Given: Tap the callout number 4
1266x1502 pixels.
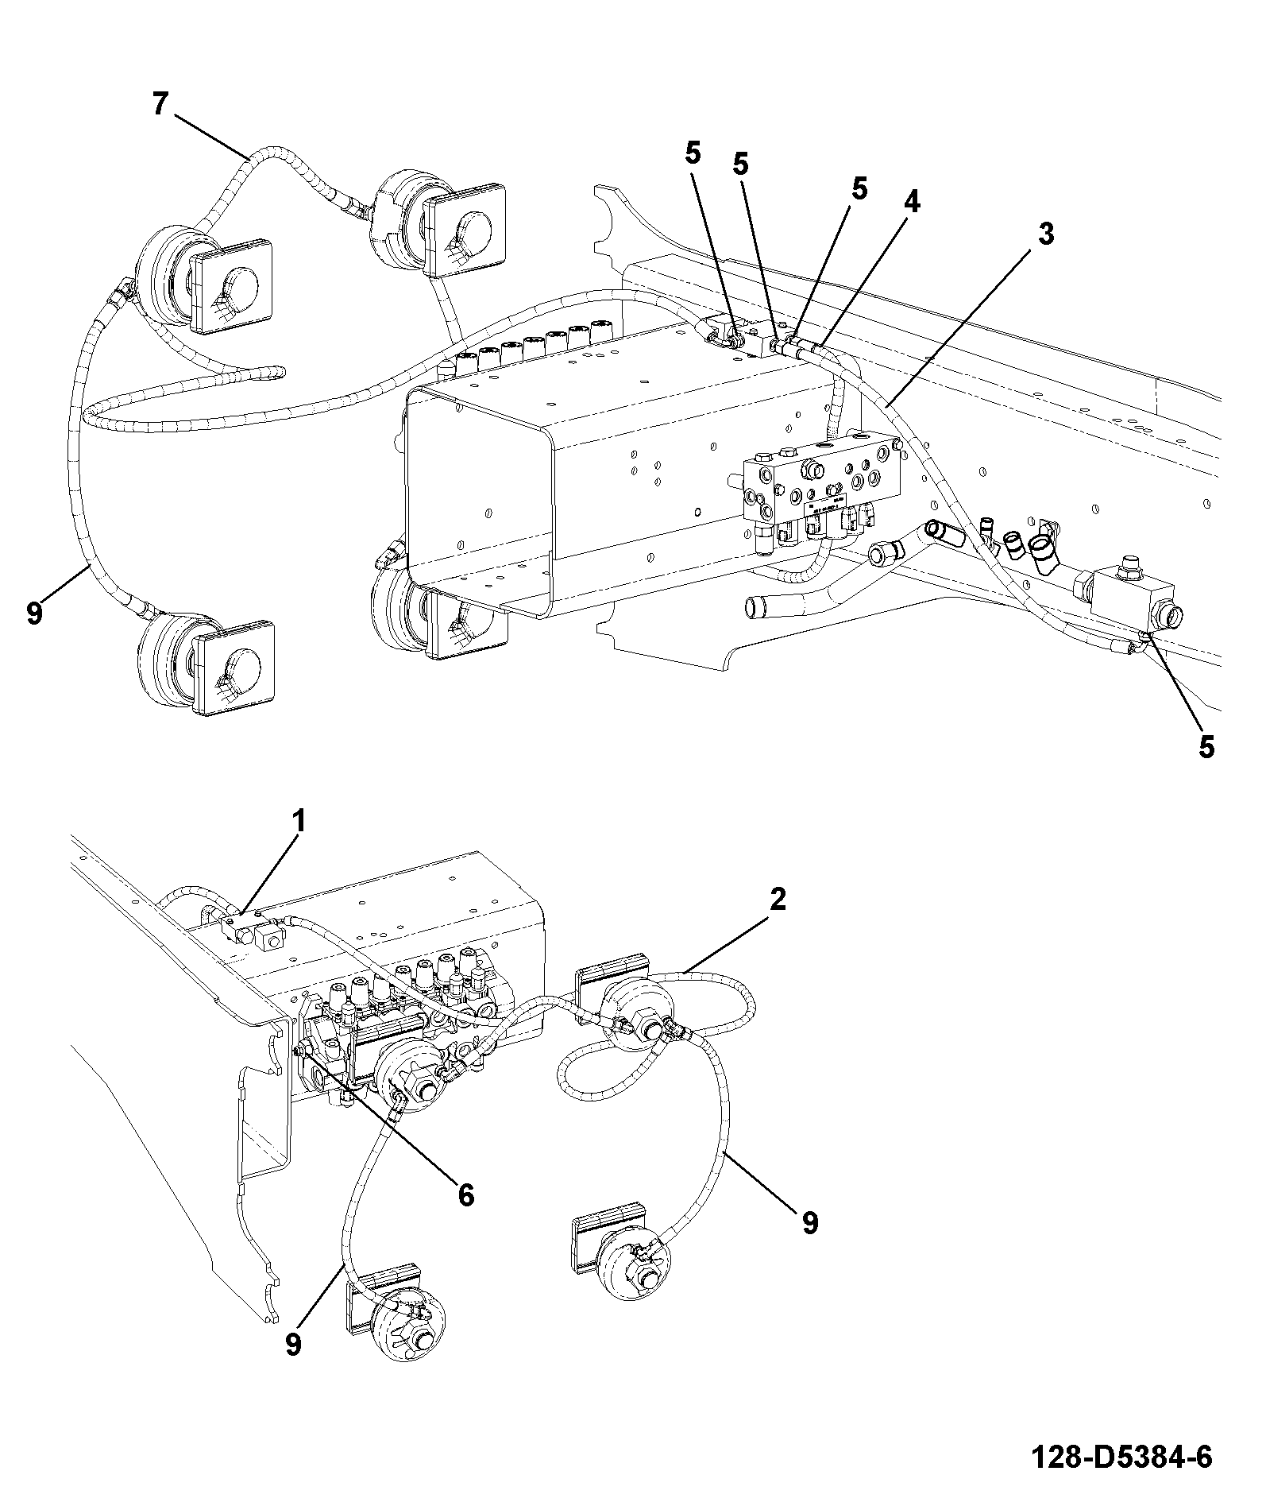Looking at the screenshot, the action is point(911,203).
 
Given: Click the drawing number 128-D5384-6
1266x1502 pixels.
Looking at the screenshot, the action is point(1121,1457).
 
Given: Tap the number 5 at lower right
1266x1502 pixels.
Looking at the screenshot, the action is point(1206,746).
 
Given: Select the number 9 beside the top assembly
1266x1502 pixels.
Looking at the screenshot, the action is point(34,614).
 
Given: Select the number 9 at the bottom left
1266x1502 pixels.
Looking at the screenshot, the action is point(293,1345).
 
